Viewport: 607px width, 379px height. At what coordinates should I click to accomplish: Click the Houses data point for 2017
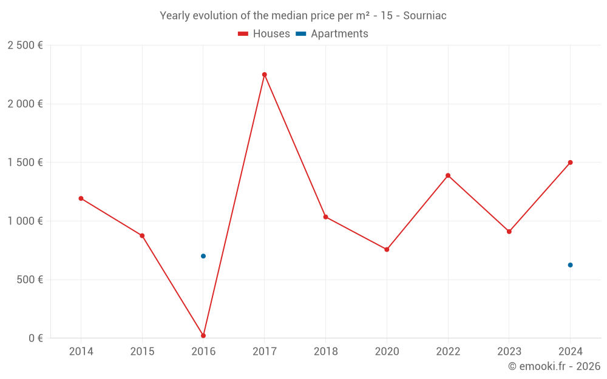point(264,75)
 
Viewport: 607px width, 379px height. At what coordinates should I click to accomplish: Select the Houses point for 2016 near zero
point(203,335)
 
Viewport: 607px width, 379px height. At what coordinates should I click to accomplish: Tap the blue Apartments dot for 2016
point(203,256)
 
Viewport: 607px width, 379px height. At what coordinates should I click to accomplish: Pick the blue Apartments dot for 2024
point(570,265)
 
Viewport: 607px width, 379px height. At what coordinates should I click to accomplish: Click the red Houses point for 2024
point(570,163)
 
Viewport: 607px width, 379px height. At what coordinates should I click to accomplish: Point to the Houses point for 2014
point(81,198)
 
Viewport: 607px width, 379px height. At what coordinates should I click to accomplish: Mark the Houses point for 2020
point(387,249)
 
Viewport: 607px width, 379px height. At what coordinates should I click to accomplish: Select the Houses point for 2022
point(448,175)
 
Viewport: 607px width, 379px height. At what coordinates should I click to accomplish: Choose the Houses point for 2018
point(325,216)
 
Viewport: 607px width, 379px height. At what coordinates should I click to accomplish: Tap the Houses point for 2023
point(509,232)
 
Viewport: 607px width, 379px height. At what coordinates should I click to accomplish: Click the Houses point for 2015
point(142,235)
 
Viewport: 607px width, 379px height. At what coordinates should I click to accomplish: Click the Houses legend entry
point(264,34)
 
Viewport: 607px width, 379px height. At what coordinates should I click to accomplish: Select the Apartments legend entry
point(332,34)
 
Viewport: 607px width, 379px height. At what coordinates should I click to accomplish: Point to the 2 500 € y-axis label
point(25,45)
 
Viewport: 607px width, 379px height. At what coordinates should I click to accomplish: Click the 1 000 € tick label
point(25,221)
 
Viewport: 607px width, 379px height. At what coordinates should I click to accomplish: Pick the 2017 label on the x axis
point(264,352)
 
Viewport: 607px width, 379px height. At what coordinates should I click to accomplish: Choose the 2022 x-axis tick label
point(448,352)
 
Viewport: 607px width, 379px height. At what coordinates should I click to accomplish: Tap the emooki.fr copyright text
point(554,366)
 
